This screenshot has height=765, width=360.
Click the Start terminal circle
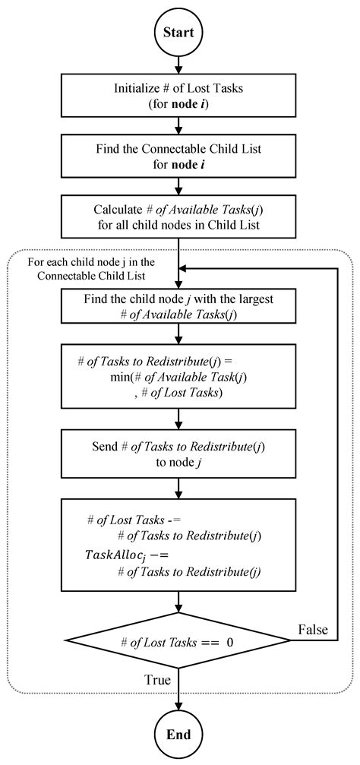178,32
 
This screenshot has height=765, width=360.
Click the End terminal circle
178,735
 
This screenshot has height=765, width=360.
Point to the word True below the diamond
157,680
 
